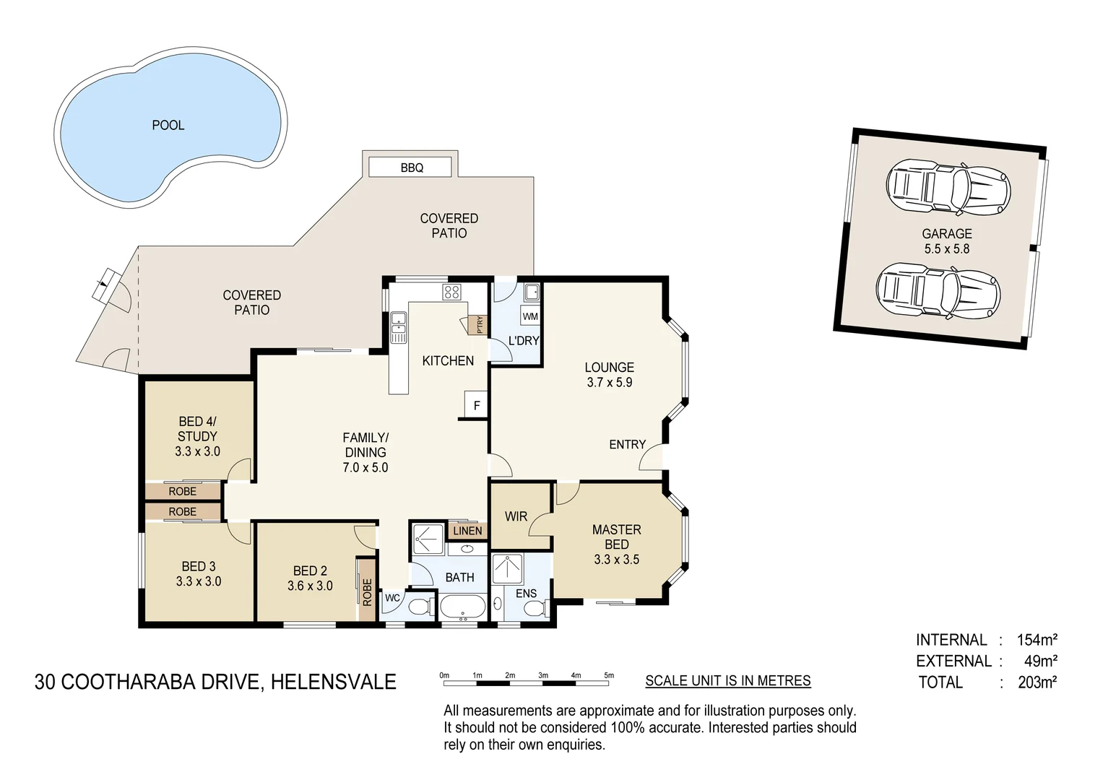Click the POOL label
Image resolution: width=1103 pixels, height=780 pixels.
pyautogui.click(x=168, y=125)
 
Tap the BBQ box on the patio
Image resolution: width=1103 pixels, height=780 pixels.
pyautogui.click(x=411, y=168)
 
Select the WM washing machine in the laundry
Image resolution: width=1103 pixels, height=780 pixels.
pyautogui.click(x=530, y=316)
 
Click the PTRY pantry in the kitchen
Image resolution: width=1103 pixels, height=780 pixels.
pyautogui.click(x=477, y=325)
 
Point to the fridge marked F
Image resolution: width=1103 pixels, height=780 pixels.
pyautogui.click(x=476, y=406)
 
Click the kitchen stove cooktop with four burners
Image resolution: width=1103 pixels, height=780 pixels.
pyautogui.click(x=451, y=292)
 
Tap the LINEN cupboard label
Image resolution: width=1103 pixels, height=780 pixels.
pyautogui.click(x=467, y=531)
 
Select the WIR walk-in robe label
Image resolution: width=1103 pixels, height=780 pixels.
pyautogui.click(x=516, y=516)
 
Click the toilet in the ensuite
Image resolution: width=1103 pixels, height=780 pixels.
pyautogui.click(x=535, y=610)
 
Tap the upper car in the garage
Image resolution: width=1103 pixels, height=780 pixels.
pyautogui.click(x=946, y=188)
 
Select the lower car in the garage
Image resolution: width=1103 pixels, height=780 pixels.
pyautogui.click(x=938, y=290)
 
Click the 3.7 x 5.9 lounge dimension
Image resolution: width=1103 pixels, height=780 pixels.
pyautogui.click(x=609, y=383)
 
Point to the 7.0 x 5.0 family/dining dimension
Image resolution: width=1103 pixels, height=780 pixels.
pyautogui.click(x=365, y=467)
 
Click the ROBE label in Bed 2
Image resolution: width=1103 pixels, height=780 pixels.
pyautogui.click(x=367, y=592)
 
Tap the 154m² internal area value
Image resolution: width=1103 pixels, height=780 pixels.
pyautogui.click(x=1037, y=640)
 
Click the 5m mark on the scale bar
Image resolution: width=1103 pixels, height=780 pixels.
pyautogui.click(x=610, y=676)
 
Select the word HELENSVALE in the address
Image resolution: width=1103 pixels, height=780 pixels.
pyautogui.click(x=333, y=682)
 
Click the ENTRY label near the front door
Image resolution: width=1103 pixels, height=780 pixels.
pyautogui.click(x=627, y=444)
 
